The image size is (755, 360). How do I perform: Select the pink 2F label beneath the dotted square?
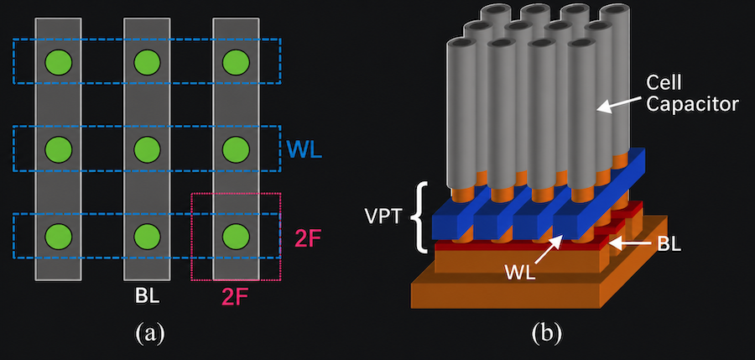click(x=237, y=296)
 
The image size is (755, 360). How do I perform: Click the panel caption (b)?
click(x=546, y=333)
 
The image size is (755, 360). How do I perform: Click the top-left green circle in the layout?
click(x=58, y=62)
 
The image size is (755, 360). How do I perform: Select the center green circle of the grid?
click(x=147, y=149)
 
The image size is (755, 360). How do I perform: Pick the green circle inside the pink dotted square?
click(x=236, y=236)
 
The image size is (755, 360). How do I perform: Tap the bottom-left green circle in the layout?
click(x=58, y=236)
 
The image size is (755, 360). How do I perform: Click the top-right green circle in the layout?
click(x=236, y=62)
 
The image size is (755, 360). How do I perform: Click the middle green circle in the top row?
click(x=147, y=62)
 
